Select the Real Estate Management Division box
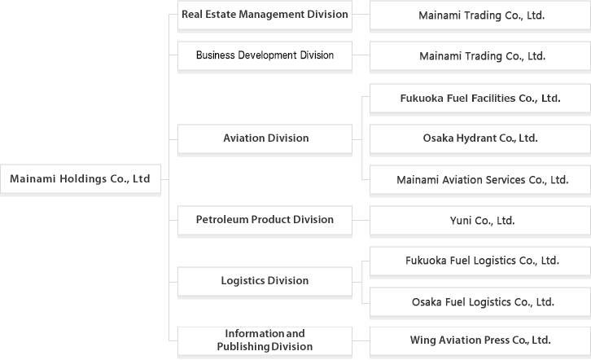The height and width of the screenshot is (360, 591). (x=265, y=15)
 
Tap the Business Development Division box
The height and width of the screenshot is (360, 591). (x=265, y=56)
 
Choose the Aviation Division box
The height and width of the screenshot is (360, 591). (x=265, y=138)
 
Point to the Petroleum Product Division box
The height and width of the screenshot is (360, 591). (x=265, y=220)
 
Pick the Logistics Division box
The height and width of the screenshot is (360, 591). (x=265, y=281)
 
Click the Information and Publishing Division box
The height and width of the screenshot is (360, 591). (x=265, y=340)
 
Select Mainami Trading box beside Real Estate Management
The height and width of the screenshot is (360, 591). (x=480, y=15)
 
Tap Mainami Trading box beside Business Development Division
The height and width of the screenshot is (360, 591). (x=480, y=56)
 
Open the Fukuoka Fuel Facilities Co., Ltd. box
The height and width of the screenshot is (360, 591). (x=480, y=98)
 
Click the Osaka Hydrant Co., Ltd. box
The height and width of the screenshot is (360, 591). (x=480, y=138)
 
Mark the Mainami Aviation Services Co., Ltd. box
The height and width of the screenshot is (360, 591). (x=480, y=180)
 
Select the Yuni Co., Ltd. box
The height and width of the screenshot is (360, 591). (x=480, y=221)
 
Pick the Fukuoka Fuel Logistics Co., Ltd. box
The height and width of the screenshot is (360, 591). (x=480, y=261)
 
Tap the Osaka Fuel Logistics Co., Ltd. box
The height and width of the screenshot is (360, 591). (x=480, y=302)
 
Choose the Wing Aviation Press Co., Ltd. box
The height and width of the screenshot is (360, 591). (x=480, y=340)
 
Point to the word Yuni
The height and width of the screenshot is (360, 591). (x=462, y=221)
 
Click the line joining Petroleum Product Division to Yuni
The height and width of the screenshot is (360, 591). (x=361, y=220)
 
